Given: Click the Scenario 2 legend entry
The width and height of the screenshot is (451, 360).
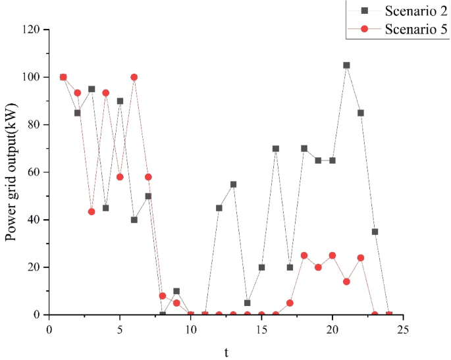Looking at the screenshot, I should tap(399, 11).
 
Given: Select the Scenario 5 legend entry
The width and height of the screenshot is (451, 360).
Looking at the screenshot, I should tap(399, 30).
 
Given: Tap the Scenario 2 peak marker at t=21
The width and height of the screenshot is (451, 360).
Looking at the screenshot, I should tap(346, 65).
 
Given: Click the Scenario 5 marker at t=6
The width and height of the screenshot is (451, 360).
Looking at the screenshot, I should tap(134, 77).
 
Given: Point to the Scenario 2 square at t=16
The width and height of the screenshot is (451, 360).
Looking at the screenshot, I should tap(276, 149).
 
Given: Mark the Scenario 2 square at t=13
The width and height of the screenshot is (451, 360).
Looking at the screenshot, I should tap(233, 184).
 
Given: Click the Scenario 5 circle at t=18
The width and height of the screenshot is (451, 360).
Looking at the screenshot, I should tap(304, 255).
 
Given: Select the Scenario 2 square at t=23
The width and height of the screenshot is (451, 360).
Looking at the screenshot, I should tap(375, 232).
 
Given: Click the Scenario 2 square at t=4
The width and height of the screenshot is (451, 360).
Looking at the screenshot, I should tap(106, 208).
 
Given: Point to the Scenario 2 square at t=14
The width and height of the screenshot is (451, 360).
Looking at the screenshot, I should tap(248, 303).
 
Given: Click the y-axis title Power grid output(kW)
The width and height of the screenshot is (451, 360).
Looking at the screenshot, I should tap(12, 172).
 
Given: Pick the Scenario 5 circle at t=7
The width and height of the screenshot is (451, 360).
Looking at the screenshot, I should tap(148, 177).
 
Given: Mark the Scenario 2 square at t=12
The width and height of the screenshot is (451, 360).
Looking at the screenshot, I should tap(219, 208).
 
